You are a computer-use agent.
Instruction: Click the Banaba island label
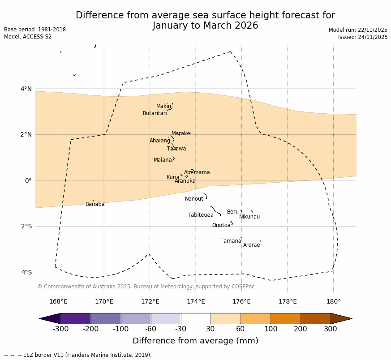[95, 204]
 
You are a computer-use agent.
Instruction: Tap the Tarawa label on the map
[176, 149]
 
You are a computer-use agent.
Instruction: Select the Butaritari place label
[155, 113]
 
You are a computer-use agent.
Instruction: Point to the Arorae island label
[251, 245]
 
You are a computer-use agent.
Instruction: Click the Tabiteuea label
[200, 215]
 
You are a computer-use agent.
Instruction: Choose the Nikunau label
[249, 217]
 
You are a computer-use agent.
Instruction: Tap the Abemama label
[197, 172]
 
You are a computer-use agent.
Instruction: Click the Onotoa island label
[221, 225]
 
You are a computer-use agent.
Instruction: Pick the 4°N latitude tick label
[26, 89]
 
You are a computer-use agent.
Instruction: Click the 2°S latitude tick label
[26, 226]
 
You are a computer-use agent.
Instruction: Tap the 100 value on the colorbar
[271, 330]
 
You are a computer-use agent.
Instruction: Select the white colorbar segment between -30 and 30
[196, 318]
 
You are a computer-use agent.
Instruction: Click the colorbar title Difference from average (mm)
[195, 341]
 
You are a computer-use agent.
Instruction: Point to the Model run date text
[358, 30]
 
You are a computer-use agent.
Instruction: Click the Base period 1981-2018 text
[35, 30]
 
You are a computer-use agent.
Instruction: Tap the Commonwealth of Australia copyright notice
[146, 287]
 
